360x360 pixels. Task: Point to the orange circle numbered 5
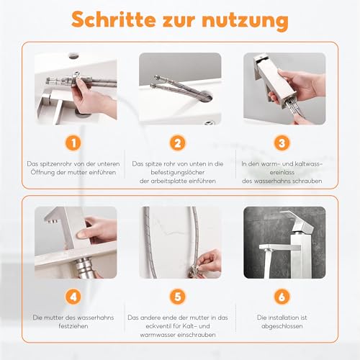[x=179, y=297]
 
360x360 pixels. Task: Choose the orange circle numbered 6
[x=283, y=297]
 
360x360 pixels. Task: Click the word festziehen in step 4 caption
[x=76, y=326]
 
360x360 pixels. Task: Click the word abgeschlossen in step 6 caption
[x=283, y=326]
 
